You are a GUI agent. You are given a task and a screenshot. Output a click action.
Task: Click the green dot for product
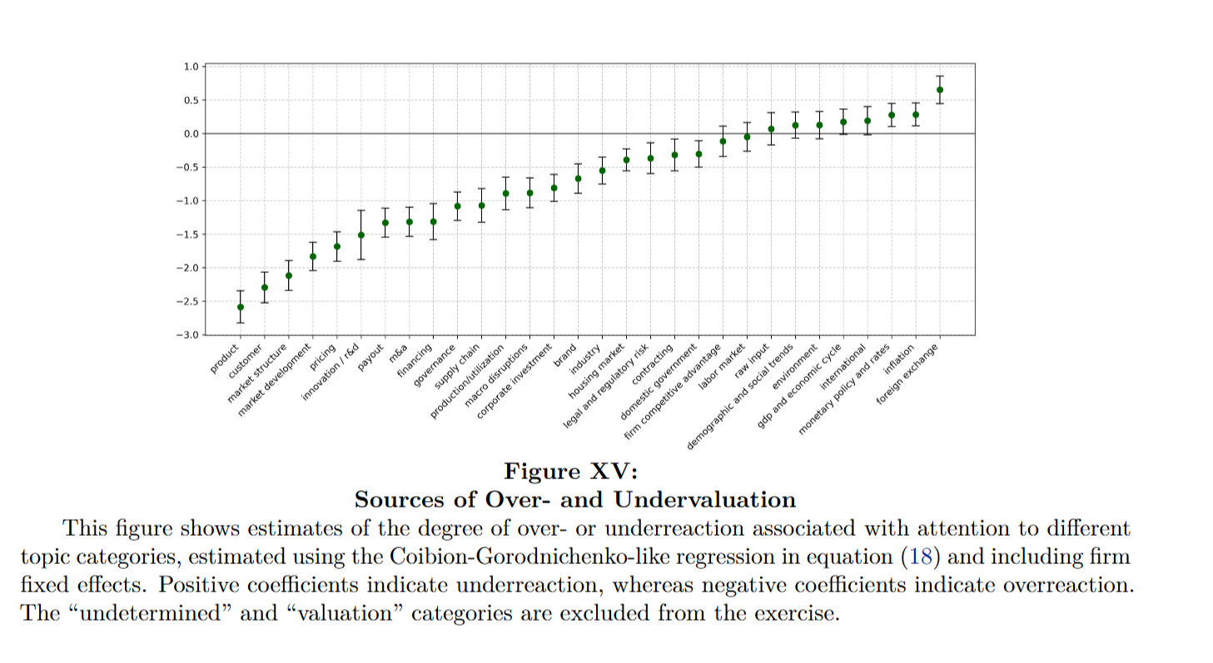(241, 307)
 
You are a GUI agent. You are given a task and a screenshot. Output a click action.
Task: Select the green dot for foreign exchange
(940, 90)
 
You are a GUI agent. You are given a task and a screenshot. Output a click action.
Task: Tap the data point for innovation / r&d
(361, 235)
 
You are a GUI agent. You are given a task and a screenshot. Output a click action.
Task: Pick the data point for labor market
(747, 136)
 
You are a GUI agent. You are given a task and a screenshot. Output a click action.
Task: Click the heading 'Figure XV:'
(571, 472)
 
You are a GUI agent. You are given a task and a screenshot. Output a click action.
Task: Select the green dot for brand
(578, 178)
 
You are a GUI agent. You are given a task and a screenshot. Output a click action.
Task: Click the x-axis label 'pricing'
(324, 355)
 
